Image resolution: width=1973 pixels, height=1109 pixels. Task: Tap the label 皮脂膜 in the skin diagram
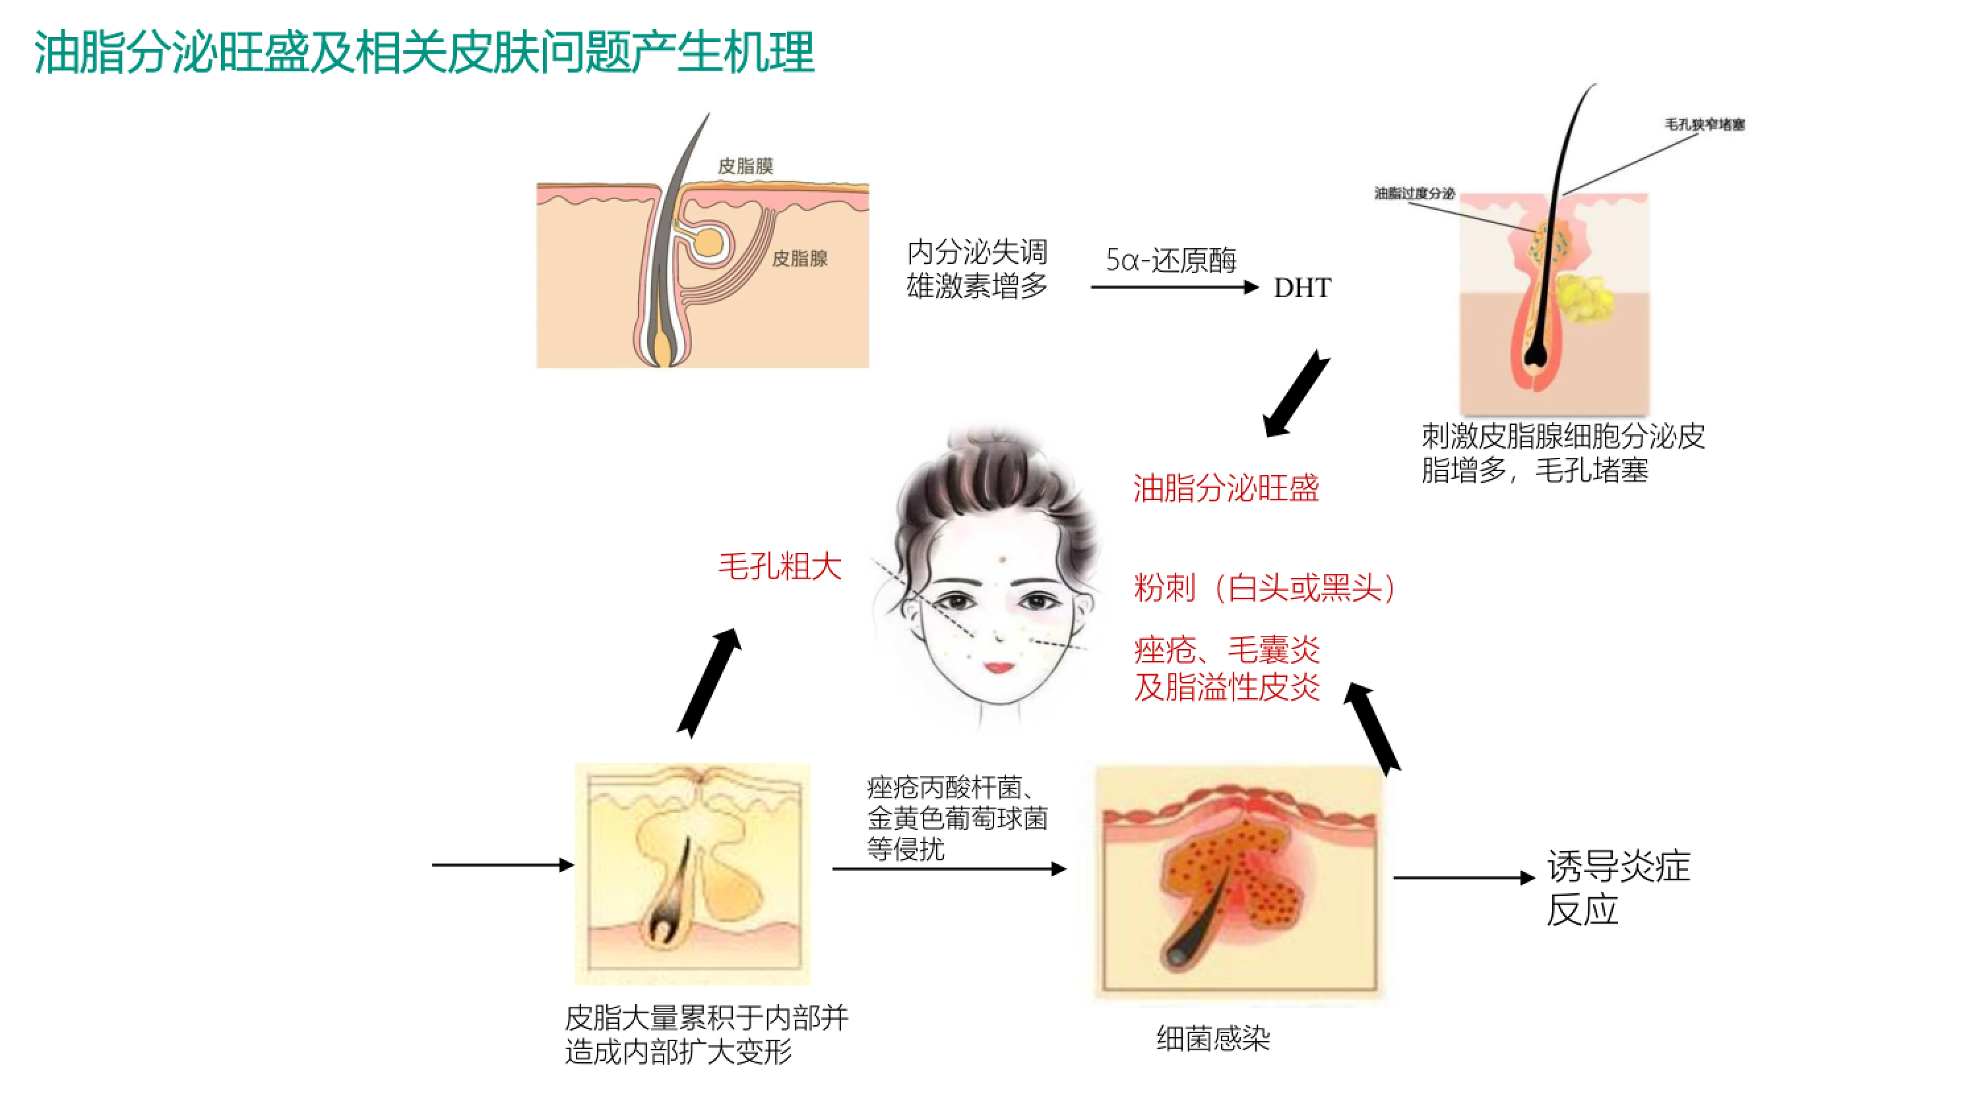click(x=745, y=166)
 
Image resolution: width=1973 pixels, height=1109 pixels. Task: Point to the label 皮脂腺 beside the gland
click(x=799, y=258)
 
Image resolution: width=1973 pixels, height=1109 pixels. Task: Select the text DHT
click(x=1301, y=288)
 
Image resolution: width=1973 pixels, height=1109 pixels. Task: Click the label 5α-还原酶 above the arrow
click(x=1170, y=261)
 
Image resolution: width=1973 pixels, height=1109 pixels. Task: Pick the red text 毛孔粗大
click(x=779, y=567)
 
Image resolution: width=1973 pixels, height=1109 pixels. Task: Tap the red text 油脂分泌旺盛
click(x=1226, y=488)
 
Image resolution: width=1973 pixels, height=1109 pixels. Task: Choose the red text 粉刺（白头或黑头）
click(x=1265, y=588)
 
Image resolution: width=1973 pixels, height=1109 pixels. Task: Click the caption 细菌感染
click(x=1212, y=1038)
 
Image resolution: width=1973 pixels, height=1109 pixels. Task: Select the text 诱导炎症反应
click(x=1617, y=887)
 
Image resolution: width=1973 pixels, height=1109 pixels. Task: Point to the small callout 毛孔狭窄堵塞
click(x=1704, y=124)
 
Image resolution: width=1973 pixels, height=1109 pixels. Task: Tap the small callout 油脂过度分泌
click(x=1414, y=193)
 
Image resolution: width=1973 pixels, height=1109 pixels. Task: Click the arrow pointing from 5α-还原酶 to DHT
click(x=1174, y=287)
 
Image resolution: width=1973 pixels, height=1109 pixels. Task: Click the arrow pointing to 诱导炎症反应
click(x=1463, y=877)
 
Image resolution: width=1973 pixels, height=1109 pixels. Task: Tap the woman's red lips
click(x=999, y=667)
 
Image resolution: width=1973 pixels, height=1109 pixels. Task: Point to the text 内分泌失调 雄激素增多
click(x=976, y=269)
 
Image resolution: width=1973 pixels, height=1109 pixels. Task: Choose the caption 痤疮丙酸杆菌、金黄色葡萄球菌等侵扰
click(x=956, y=818)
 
